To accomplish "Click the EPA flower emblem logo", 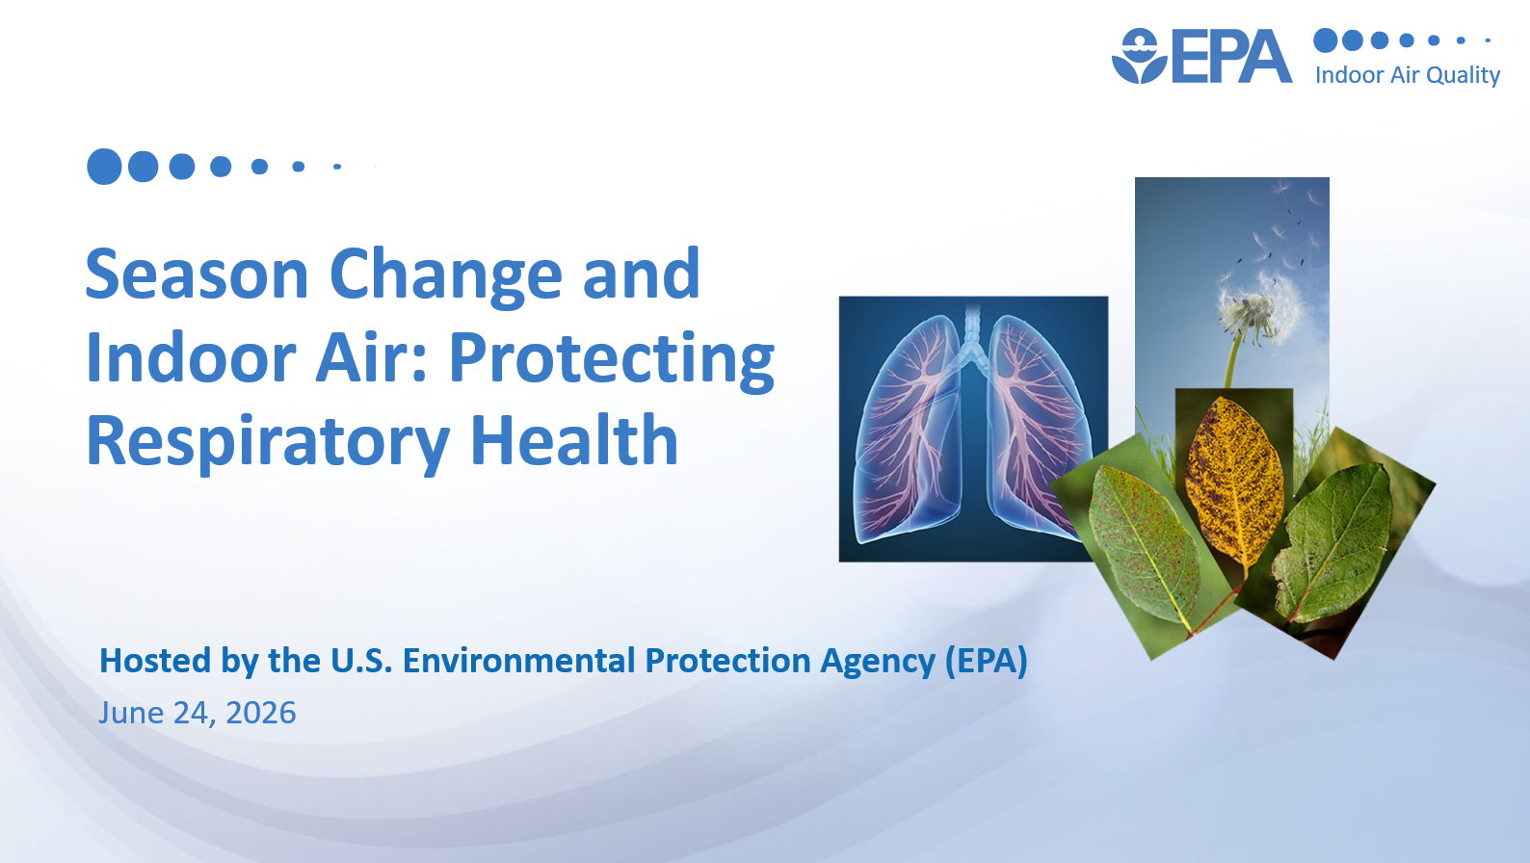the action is coord(1139,56).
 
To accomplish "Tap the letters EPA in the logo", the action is coord(1231,56).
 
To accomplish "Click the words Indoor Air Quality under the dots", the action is coord(1407,74).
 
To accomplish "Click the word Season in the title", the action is coord(197,274).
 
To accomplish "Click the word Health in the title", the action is coord(574,439).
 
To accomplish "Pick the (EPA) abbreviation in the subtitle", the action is coord(987,661).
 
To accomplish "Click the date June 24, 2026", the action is coord(198,714).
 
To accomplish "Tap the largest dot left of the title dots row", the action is coord(104,167).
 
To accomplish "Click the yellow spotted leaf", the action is coord(1233,482).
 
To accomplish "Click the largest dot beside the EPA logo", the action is coord(1326,40).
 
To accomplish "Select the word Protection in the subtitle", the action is coord(727,660).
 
